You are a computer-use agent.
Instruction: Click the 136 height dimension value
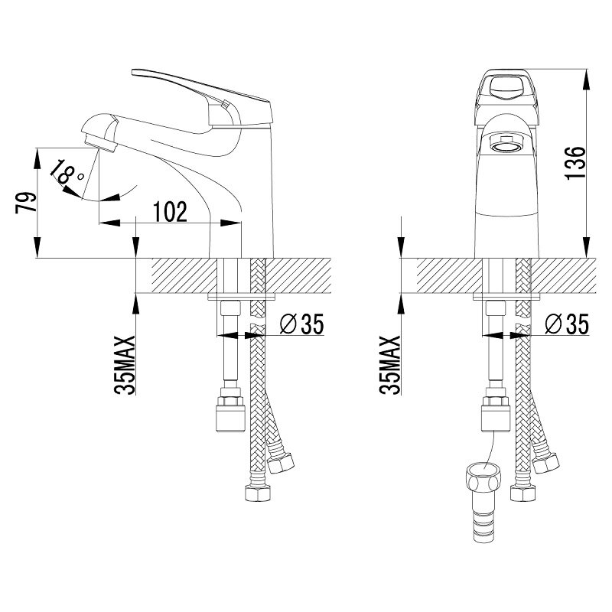coord(576,163)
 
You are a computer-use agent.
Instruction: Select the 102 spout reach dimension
coord(171,212)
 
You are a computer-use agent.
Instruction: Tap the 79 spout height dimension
coord(26,203)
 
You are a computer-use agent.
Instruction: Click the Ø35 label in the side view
coord(302,324)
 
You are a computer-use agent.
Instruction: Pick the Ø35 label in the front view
coord(567,324)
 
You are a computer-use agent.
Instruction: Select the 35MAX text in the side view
coord(125,365)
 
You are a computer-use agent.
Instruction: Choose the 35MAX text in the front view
coord(390,365)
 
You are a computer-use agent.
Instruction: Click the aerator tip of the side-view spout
coord(100,144)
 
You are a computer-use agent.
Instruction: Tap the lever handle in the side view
coord(203,98)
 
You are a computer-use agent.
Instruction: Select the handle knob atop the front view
coord(506,88)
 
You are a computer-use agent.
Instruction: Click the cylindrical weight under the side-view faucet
coord(230,418)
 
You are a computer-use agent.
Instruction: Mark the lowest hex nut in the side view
coord(258,493)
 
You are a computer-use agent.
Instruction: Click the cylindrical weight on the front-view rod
coord(496,418)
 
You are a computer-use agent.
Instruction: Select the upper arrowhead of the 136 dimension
coord(586,80)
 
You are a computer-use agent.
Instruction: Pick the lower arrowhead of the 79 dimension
coord(37,246)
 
